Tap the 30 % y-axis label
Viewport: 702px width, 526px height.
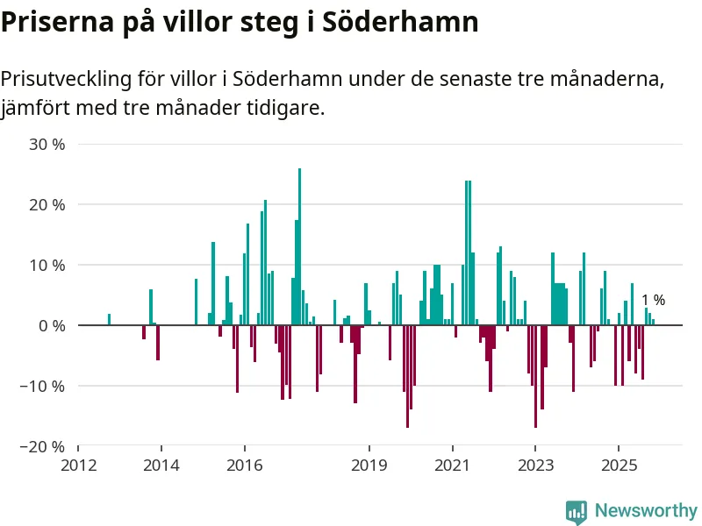click(x=47, y=144)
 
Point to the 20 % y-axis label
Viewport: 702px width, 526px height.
click(x=47, y=204)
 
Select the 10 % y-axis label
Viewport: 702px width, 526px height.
click(x=47, y=265)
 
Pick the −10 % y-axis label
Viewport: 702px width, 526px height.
click(x=43, y=386)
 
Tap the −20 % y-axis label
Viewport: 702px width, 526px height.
click(x=43, y=446)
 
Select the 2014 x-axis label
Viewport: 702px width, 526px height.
click(x=161, y=465)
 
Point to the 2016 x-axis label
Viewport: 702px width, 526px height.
click(x=244, y=465)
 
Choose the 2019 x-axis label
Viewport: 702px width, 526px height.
click(x=369, y=465)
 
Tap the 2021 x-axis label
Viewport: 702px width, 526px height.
click(x=453, y=465)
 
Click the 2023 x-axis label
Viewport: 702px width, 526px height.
click(x=535, y=465)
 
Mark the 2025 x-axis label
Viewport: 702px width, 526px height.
click(x=619, y=465)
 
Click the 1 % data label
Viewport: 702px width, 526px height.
click(x=653, y=300)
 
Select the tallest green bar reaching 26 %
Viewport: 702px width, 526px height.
click(x=299, y=245)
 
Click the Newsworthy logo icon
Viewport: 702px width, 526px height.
click(x=577, y=512)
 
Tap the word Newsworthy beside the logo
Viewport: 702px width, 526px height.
click(x=646, y=510)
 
